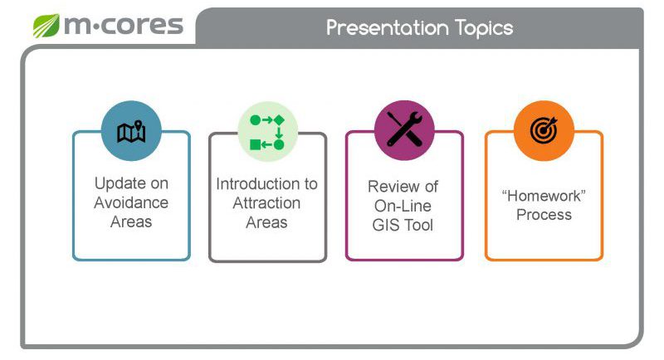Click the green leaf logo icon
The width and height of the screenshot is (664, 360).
click(x=46, y=26)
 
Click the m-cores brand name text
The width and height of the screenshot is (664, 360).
click(x=124, y=26)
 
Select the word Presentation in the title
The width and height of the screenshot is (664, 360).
click(x=388, y=28)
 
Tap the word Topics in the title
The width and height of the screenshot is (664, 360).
click(x=484, y=29)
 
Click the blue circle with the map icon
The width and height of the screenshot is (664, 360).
click(x=131, y=131)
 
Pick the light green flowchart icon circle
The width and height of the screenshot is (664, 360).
click(x=267, y=132)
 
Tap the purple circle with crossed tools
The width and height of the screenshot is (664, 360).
click(x=404, y=130)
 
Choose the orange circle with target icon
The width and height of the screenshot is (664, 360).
click(x=544, y=131)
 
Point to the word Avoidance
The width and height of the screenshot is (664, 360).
click(x=131, y=202)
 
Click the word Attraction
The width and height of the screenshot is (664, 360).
click(x=266, y=203)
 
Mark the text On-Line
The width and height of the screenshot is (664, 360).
click(x=403, y=206)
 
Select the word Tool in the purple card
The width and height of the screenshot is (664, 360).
click(x=418, y=225)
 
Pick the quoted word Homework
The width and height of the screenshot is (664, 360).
click(x=544, y=196)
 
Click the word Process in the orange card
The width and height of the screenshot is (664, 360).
click(x=544, y=215)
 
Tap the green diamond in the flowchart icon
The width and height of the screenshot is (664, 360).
click(x=279, y=120)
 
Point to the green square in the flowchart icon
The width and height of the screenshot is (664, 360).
click(x=256, y=145)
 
